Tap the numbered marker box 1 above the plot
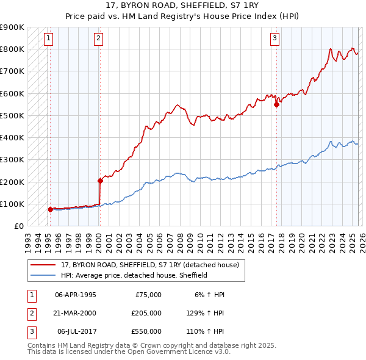[x=49, y=38]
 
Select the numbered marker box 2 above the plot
[x=99, y=38]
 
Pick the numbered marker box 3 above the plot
[x=275, y=38]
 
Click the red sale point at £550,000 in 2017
[x=276, y=104]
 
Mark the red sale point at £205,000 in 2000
[x=99, y=181]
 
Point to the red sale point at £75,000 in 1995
[x=50, y=209]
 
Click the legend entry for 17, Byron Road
[x=153, y=265]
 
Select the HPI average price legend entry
[x=134, y=275]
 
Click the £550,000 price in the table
[x=146, y=331]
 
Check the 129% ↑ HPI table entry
[x=206, y=313]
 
